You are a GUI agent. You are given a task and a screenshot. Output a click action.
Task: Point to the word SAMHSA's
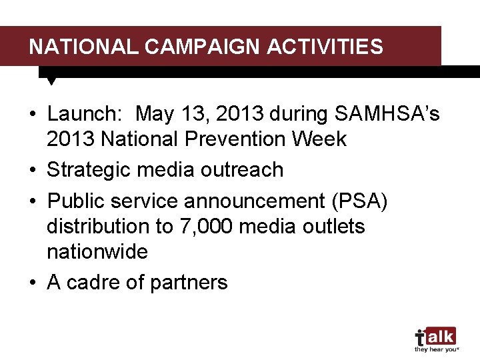pos(387,115)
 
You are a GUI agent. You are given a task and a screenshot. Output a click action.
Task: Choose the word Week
pos(323,139)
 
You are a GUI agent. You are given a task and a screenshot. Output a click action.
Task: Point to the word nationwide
pos(97,252)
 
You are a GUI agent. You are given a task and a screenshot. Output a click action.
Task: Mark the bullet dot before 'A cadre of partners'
pos(33,283)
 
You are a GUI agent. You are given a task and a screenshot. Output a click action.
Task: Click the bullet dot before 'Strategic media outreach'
pos(33,171)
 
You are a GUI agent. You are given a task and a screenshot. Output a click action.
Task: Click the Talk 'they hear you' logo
pos(435,339)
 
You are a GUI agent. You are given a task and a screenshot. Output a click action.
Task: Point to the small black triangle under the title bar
pos(51,81)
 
